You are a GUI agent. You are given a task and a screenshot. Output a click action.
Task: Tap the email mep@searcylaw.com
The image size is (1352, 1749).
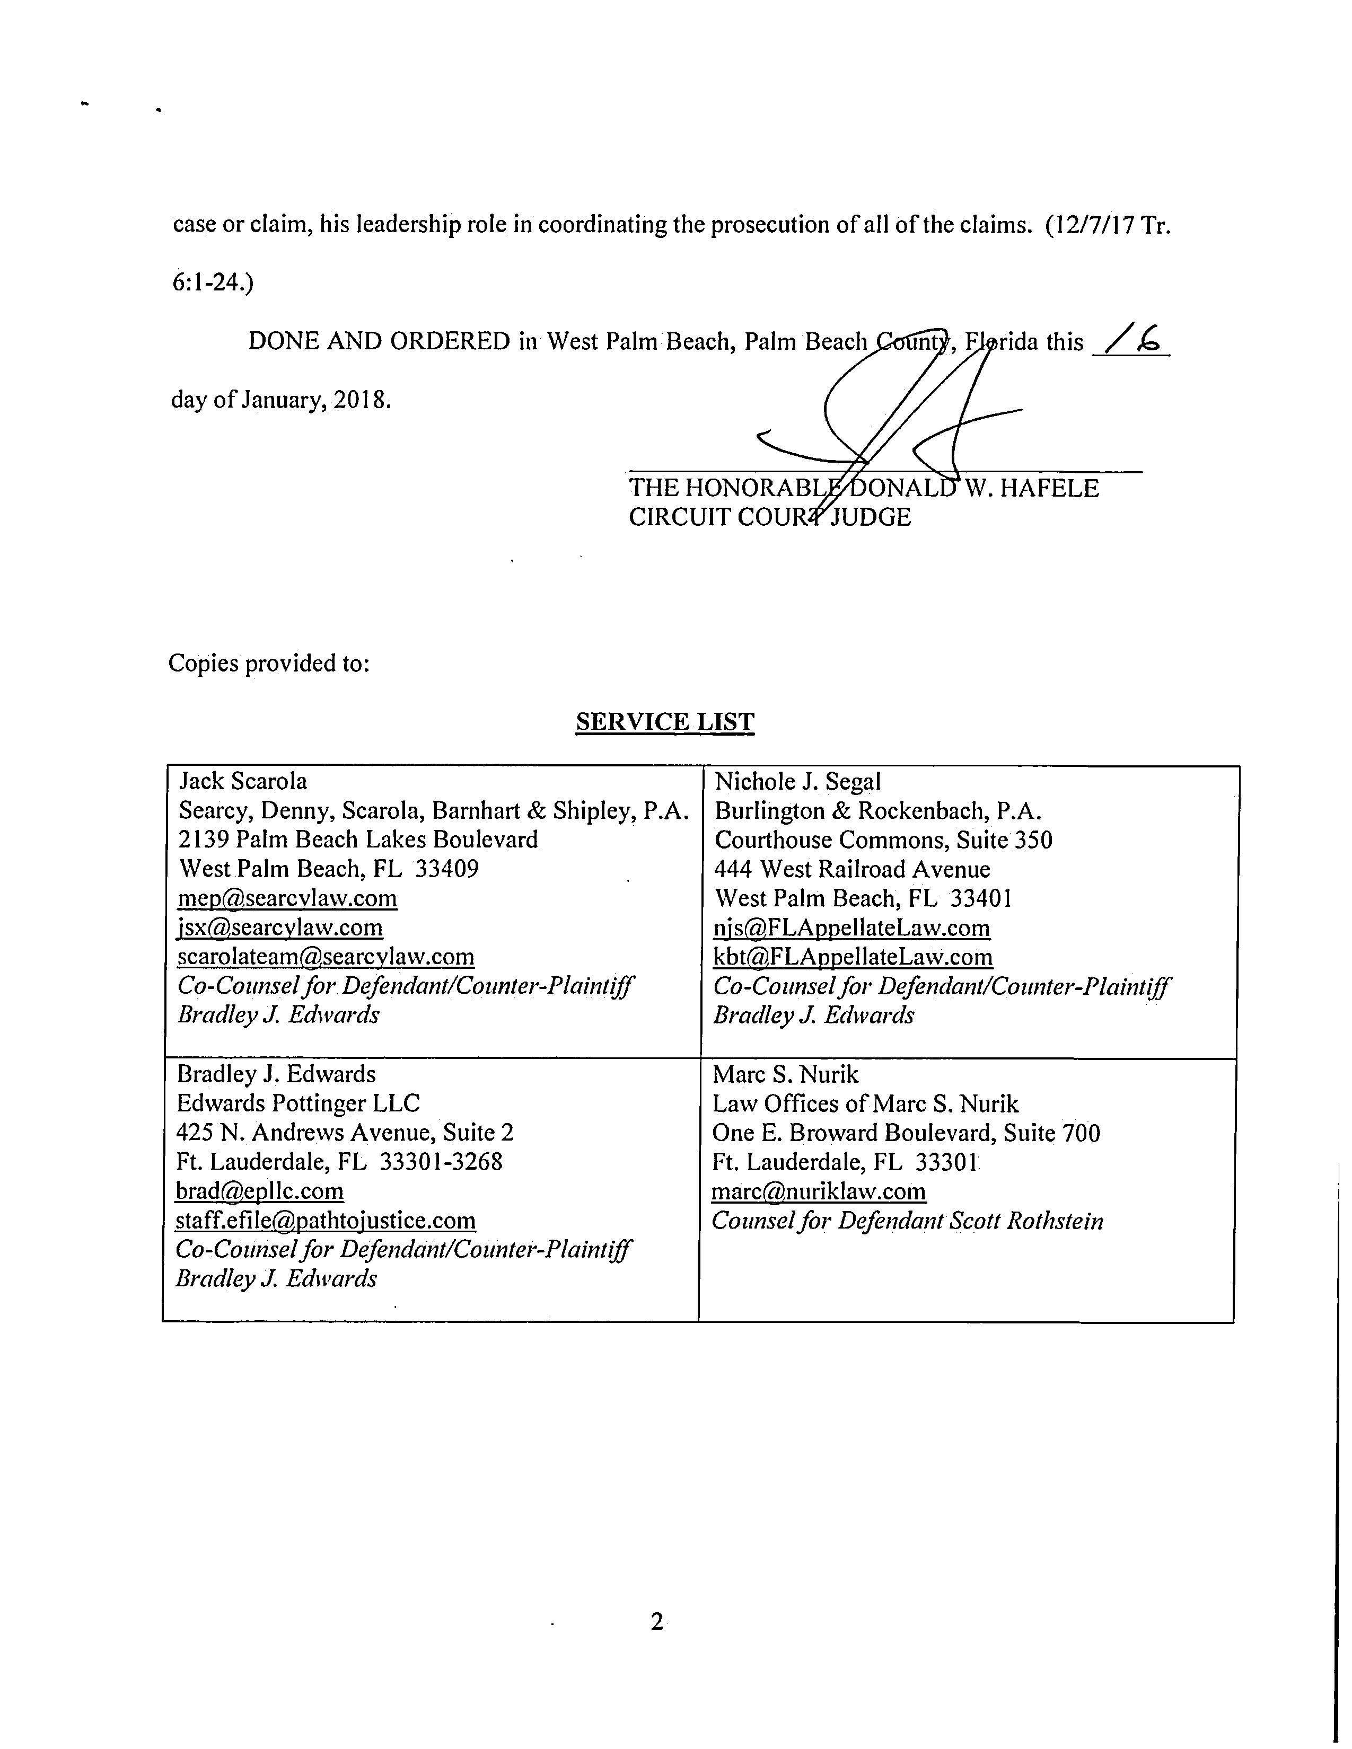click(287, 898)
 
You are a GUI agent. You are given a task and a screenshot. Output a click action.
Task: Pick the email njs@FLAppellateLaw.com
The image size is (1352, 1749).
click(851, 927)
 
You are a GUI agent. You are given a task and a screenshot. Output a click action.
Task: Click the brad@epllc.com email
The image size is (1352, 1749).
click(259, 1191)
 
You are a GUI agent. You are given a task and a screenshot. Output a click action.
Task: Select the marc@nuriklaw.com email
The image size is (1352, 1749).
click(819, 1191)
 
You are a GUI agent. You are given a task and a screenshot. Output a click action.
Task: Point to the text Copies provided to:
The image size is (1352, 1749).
click(269, 663)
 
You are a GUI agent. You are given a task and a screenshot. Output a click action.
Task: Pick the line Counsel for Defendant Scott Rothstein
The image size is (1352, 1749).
click(907, 1221)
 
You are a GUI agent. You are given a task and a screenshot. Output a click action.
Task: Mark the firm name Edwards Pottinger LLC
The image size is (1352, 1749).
click(298, 1103)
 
